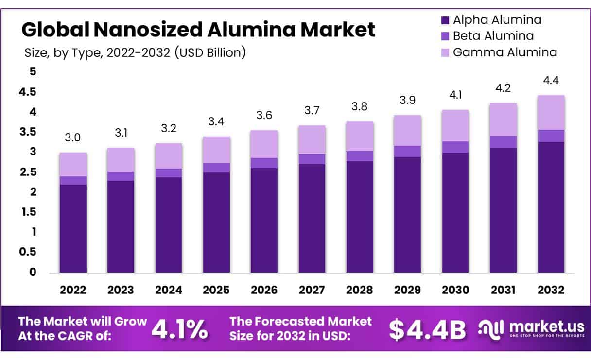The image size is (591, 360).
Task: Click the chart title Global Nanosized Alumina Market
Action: click(x=198, y=30)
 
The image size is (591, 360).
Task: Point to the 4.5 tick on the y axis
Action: click(x=27, y=92)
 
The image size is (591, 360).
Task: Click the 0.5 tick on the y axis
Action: click(x=27, y=252)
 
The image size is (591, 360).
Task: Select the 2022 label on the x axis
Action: click(x=73, y=290)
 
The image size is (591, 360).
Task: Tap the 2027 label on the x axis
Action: click(x=312, y=290)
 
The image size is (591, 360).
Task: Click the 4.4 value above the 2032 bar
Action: click(x=551, y=80)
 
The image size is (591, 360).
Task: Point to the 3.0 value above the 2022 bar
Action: click(x=73, y=138)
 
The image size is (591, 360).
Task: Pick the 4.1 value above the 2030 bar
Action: click(x=455, y=95)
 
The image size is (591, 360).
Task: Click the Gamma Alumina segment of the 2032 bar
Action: click(x=551, y=113)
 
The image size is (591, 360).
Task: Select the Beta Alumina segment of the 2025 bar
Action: click(x=216, y=168)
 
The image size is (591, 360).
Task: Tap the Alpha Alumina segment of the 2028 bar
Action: click(x=359, y=217)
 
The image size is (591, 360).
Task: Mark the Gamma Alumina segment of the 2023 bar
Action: click(x=121, y=160)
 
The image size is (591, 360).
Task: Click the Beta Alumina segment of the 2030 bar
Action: click(x=455, y=147)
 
